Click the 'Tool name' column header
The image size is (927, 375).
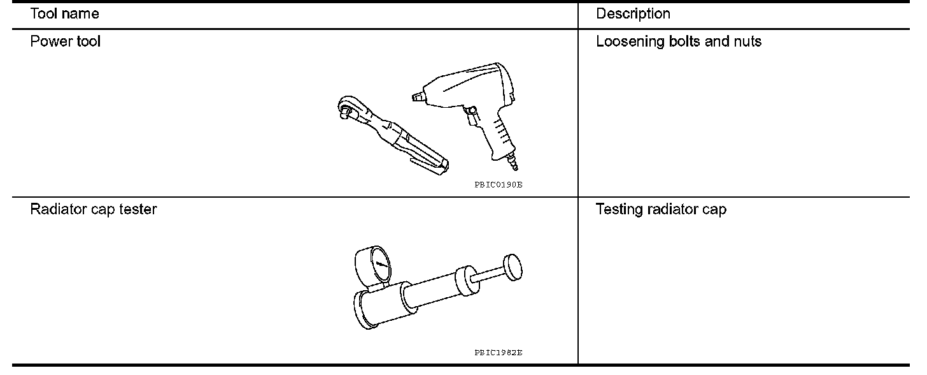(64, 13)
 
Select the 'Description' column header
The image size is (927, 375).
(633, 13)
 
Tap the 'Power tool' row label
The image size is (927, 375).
(65, 42)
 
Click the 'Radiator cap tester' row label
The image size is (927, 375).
(93, 209)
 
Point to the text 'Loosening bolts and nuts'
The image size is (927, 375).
(678, 42)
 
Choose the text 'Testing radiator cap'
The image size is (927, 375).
(661, 209)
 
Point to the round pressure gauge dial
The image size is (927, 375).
(374, 266)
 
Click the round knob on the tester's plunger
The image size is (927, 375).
(513, 268)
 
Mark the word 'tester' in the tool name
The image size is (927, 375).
(137, 209)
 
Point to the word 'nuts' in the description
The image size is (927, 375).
(747, 42)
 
